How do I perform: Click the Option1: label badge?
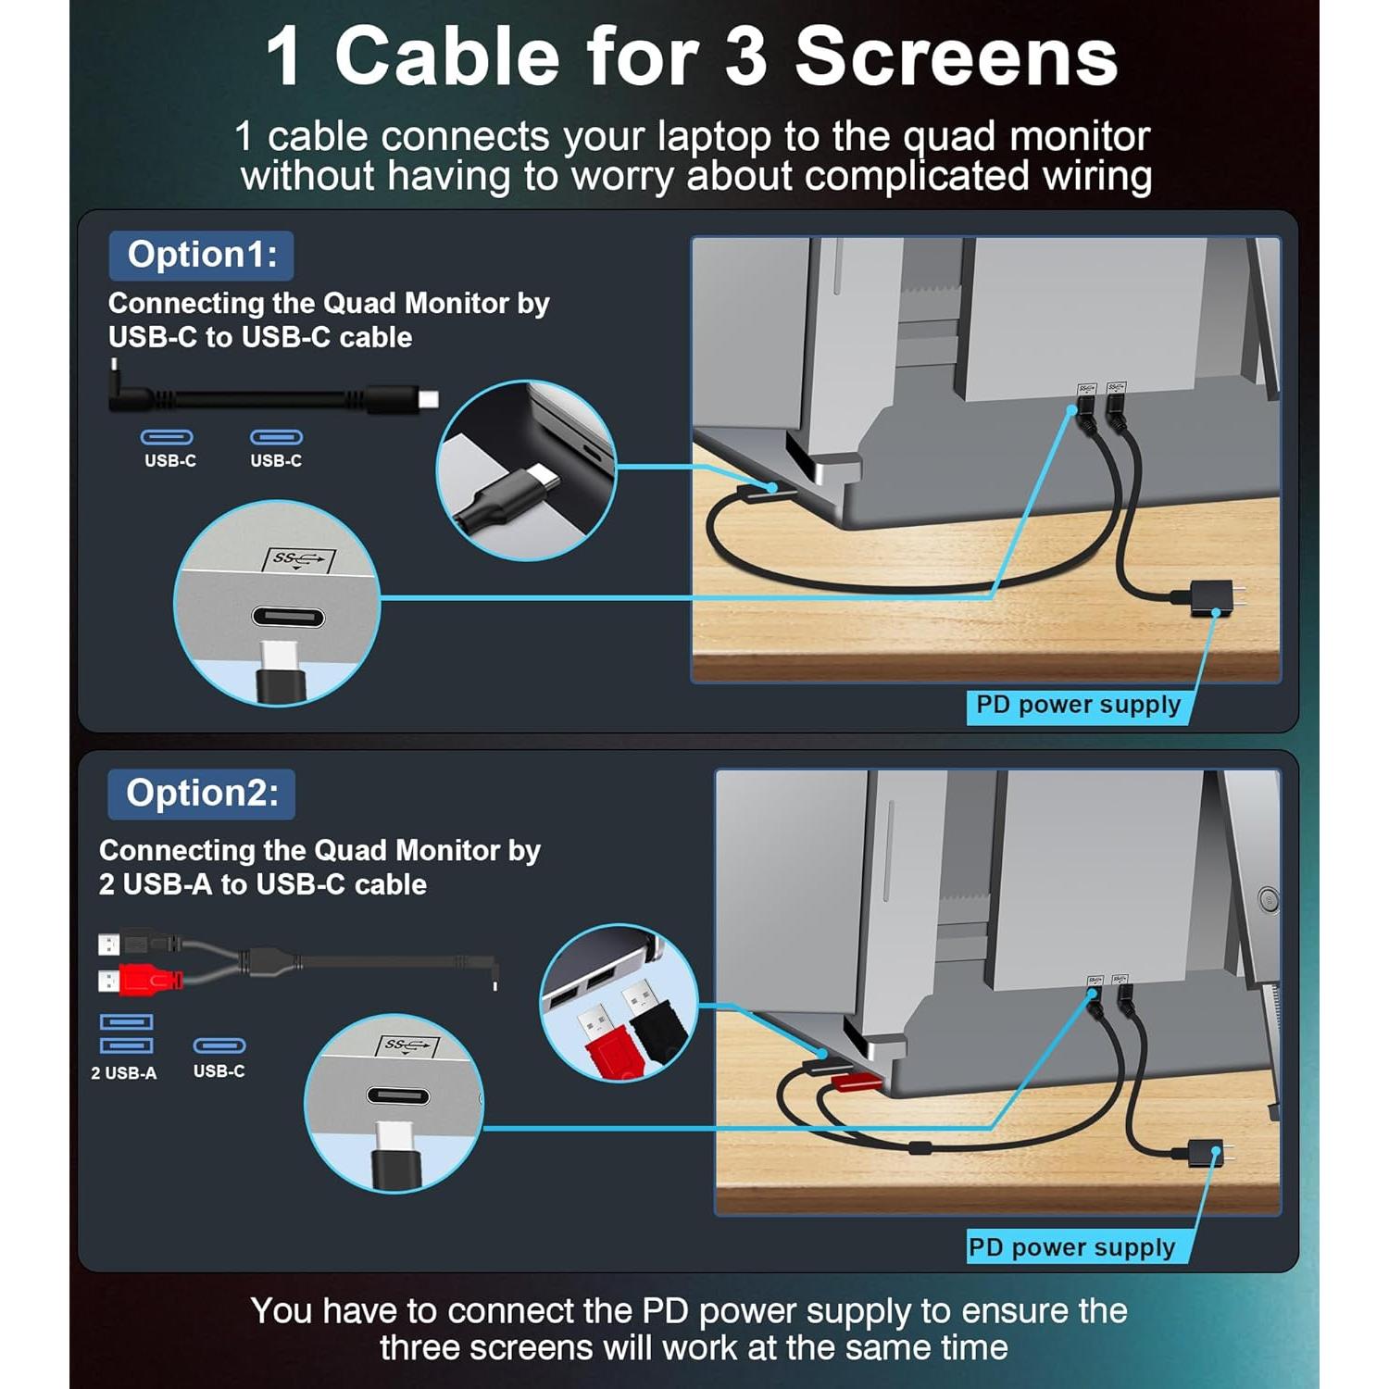(201, 256)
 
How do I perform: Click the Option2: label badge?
(201, 794)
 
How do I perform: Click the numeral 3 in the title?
(746, 57)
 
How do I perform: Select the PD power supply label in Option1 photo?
(1078, 706)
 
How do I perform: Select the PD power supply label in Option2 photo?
(1071, 1247)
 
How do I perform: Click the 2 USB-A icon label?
(124, 1073)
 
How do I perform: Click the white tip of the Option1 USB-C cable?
(428, 400)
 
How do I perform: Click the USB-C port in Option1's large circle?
(288, 618)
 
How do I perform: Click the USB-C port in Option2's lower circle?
(397, 1096)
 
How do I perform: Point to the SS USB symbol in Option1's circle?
(298, 558)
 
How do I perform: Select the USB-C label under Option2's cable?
(219, 1071)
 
